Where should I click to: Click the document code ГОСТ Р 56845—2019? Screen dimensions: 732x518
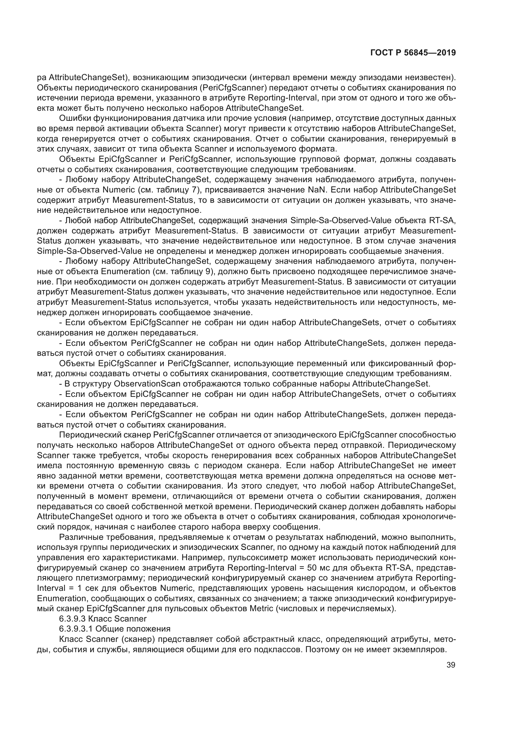click(x=413, y=53)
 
